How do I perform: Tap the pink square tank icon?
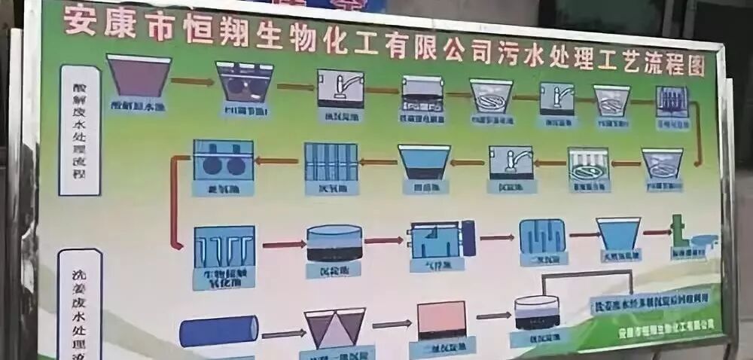[x=441, y=319]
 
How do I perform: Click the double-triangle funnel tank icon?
[x=334, y=327]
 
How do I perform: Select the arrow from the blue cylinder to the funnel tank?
[x=282, y=334]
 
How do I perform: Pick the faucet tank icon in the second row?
[x=511, y=162]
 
